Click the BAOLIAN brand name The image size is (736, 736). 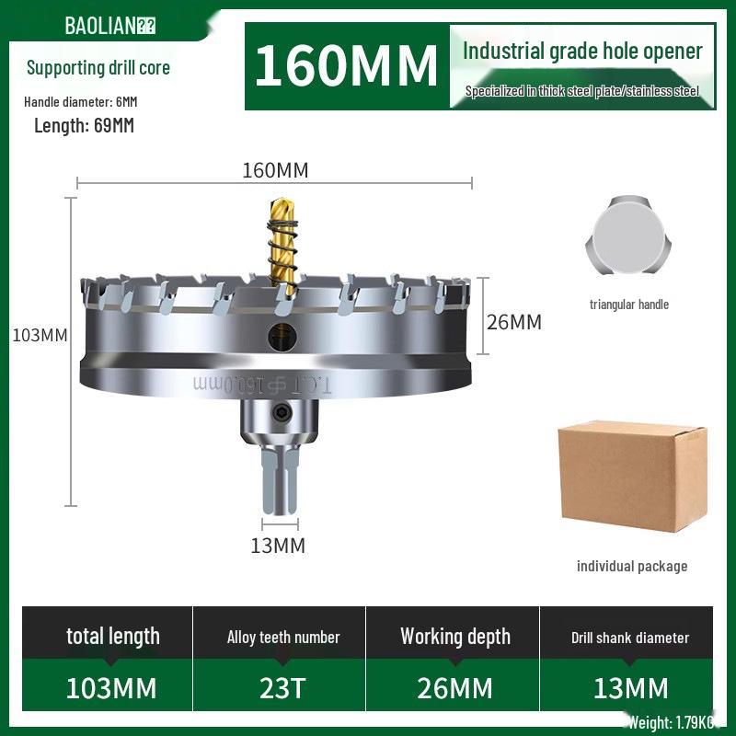[x=99, y=25]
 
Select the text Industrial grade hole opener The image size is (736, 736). [x=582, y=52]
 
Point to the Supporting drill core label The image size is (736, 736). [x=98, y=67]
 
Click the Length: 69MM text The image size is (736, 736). [x=84, y=126]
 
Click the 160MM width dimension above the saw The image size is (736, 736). [x=274, y=170]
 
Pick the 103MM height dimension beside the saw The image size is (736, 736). [x=40, y=335]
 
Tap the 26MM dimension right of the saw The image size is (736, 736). [x=513, y=322]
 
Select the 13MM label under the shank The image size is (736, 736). [x=278, y=546]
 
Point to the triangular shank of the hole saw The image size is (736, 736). [x=277, y=484]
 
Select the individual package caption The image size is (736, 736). [x=632, y=566]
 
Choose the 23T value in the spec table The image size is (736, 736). [x=283, y=687]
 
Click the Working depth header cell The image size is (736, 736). [x=455, y=637]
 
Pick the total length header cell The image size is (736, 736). [x=112, y=636]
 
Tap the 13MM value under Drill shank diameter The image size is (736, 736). [x=630, y=687]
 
